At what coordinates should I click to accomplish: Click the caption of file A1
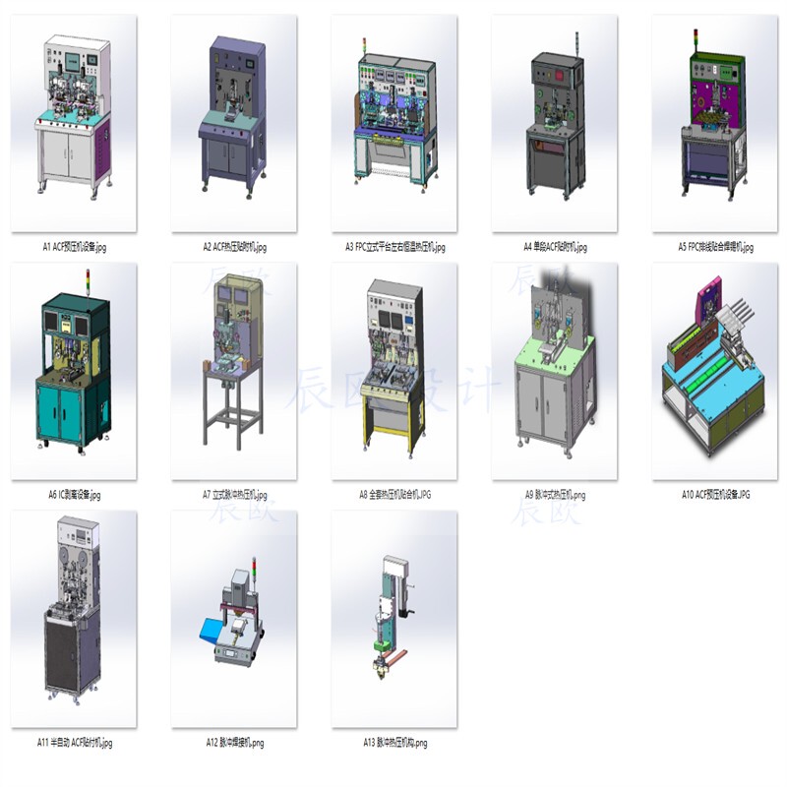click(x=75, y=247)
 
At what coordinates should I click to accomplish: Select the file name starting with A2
click(x=234, y=247)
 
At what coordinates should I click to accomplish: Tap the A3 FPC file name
click(x=394, y=247)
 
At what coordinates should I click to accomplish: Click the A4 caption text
click(x=555, y=247)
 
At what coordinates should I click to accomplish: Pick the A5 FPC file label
click(x=715, y=247)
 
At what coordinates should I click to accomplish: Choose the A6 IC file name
click(x=75, y=495)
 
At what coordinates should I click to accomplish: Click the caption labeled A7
click(x=234, y=495)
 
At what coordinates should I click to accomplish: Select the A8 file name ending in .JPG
click(x=394, y=495)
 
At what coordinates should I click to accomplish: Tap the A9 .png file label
click(x=555, y=495)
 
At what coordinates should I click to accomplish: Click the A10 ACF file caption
click(x=715, y=495)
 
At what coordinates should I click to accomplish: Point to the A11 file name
click(x=75, y=743)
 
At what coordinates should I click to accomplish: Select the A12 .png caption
click(x=234, y=743)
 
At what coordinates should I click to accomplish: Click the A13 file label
click(x=394, y=743)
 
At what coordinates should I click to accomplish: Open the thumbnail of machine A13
click(x=394, y=620)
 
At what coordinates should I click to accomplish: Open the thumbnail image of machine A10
click(x=715, y=372)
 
